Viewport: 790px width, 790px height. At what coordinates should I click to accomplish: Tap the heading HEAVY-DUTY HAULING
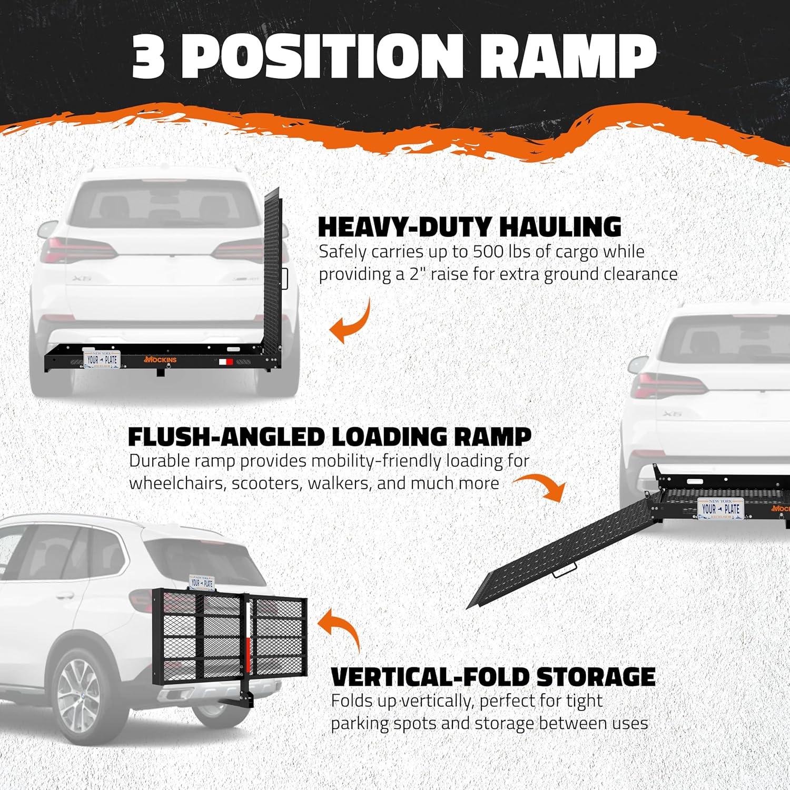(x=470, y=226)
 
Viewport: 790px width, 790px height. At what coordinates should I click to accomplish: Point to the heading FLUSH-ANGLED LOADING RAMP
(x=330, y=436)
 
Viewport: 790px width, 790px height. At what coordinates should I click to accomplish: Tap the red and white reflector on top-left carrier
(x=225, y=362)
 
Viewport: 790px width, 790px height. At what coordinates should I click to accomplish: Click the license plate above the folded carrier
(x=202, y=582)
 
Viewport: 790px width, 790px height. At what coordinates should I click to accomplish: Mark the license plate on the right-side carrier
(x=720, y=508)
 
